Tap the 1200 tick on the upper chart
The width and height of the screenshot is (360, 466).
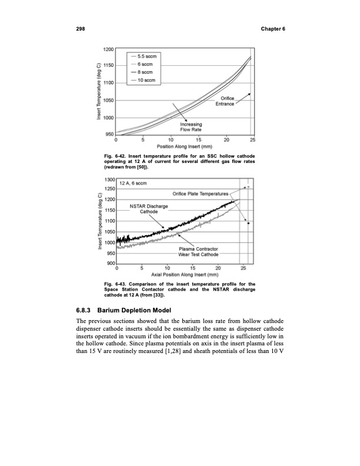(x=108, y=48)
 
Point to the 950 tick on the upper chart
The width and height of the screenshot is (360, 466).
(x=109, y=134)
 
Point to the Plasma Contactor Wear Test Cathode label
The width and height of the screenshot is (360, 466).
(x=198, y=252)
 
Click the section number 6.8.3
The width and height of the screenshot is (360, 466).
(x=84, y=308)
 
